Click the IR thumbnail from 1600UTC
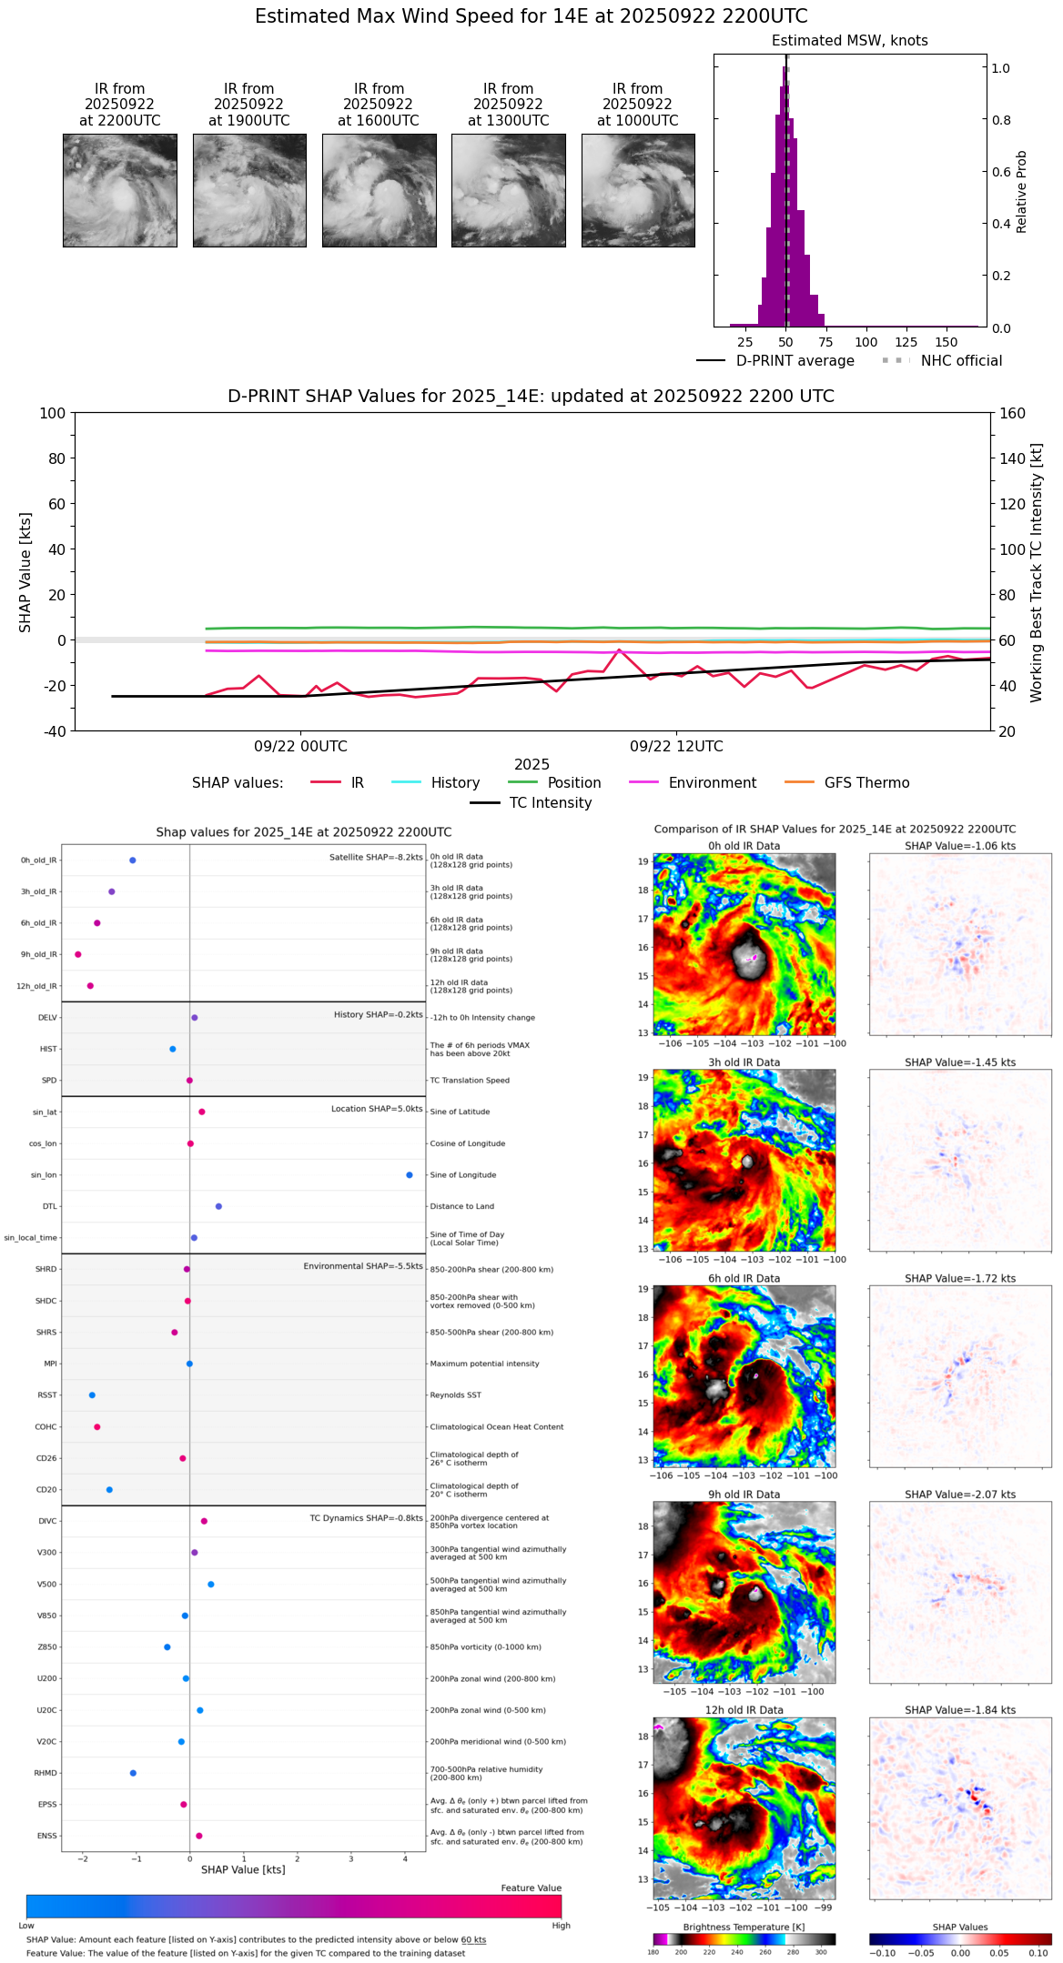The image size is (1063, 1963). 379,190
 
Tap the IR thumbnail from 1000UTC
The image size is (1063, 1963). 638,190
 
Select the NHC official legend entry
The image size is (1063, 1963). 960,361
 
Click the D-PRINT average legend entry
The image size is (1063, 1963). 795,361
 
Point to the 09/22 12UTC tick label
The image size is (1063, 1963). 676,747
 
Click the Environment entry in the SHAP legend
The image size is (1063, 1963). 712,783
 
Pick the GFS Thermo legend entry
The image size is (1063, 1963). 866,783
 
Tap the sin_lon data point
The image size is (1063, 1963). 410,1175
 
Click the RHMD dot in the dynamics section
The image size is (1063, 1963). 133,1773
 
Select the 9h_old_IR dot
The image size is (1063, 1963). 78,954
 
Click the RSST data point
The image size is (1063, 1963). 92,1395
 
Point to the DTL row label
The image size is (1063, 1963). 49,1207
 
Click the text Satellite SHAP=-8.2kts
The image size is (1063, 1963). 376,858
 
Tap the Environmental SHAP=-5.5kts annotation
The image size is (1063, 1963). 363,1266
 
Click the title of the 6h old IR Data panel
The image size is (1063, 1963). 744,1279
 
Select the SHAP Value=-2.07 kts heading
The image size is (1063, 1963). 960,1495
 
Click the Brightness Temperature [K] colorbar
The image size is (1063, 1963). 744,1939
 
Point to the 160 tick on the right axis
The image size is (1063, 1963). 1012,414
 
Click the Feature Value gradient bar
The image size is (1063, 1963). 294,1907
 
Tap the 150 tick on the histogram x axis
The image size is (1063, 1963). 947,343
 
